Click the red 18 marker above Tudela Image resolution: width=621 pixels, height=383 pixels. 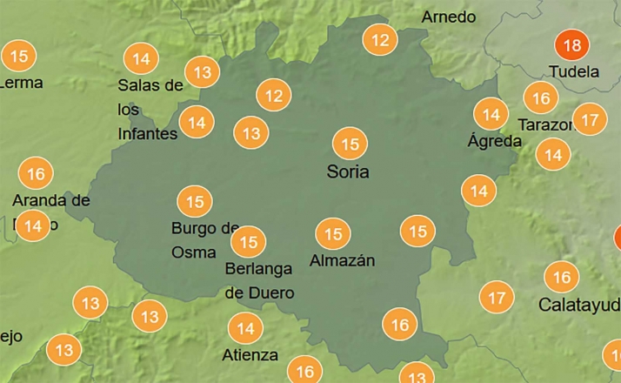click(571, 45)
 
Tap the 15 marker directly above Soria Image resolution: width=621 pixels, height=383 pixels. click(350, 144)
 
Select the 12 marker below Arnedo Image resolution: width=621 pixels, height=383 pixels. click(379, 40)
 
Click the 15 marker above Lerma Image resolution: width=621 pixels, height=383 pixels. click(19, 57)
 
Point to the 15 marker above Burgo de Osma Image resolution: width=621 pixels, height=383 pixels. click(194, 202)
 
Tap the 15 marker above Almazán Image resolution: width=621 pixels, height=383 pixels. click(332, 234)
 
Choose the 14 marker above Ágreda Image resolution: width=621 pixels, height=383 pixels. click(491, 114)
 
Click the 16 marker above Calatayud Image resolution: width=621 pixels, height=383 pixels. click(562, 278)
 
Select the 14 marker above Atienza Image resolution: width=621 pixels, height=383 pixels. click(245, 329)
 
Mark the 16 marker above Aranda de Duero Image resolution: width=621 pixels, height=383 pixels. click(35, 174)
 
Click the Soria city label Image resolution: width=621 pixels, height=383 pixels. click(348, 171)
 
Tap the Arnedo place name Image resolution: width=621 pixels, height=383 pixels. click(449, 17)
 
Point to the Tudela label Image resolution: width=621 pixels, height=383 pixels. click(574, 71)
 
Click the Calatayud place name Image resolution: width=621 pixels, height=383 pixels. click(578, 305)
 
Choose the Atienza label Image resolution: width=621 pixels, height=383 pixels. click(250, 354)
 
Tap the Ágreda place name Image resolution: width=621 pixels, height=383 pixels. click(494, 140)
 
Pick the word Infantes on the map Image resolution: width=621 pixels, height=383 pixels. click(147, 133)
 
